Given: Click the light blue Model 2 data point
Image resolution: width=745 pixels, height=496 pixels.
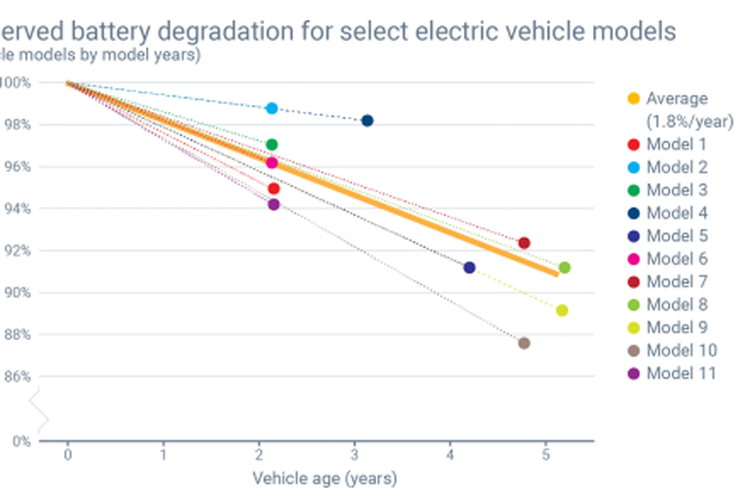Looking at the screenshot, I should tap(272, 108).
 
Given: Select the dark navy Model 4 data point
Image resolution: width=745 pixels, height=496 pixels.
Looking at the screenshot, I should tap(367, 121).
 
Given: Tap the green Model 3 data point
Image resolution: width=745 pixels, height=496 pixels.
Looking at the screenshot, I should tap(272, 145).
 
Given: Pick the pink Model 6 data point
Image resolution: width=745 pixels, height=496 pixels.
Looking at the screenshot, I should tap(272, 163).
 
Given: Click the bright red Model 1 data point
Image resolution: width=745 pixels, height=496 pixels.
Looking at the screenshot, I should tap(274, 189).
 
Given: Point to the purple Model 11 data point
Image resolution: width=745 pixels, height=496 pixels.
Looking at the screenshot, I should tap(274, 204).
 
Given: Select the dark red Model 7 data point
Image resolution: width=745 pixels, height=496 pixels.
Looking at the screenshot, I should tap(524, 243).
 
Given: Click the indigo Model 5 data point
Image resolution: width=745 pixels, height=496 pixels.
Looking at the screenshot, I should tap(469, 267).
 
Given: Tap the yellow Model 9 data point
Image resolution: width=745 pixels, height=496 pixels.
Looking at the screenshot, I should tap(562, 310).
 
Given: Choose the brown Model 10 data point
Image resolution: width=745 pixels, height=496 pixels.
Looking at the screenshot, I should tap(524, 343).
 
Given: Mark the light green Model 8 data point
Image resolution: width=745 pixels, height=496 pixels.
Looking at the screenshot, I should tap(565, 267).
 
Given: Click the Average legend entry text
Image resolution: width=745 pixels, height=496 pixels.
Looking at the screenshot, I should tap(677, 99).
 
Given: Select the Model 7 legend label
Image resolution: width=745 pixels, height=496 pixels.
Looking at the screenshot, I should tap(677, 282).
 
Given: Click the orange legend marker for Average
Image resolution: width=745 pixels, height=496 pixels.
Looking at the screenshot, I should tap(634, 99).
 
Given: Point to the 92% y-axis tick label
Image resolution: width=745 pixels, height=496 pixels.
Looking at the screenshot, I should tap(17, 251).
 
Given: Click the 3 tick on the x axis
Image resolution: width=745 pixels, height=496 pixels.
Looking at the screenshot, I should tap(354, 455).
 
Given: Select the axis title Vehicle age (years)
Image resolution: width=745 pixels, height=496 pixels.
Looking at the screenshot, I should tap(325, 478).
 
